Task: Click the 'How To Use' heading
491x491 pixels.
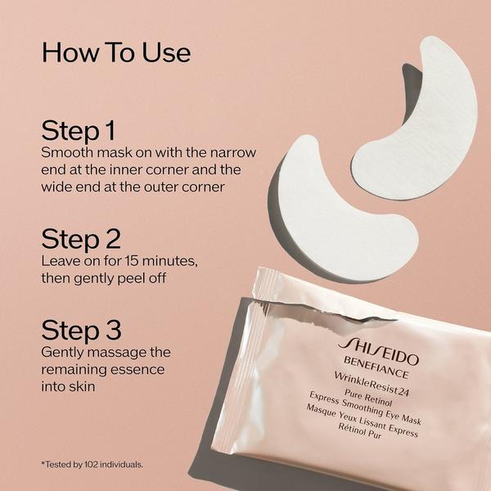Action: pyautogui.click(x=115, y=52)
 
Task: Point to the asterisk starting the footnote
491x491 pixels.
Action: pyautogui.click(x=42, y=464)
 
